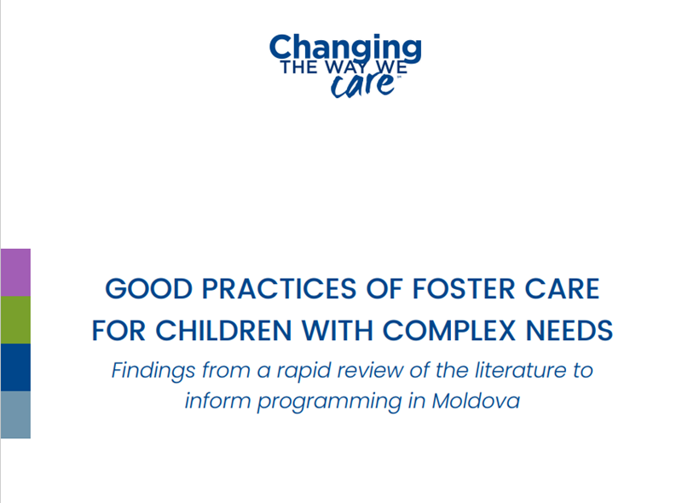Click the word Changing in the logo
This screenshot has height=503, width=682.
click(345, 49)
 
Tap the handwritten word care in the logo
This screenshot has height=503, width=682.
click(363, 85)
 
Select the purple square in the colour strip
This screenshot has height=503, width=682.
click(15, 272)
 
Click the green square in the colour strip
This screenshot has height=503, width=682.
click(15, 320)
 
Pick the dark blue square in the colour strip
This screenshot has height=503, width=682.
click(15, 367)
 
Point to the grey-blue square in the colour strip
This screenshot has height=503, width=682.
click(15, 414)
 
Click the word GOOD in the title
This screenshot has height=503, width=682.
click(148, 289)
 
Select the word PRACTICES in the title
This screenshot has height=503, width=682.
click(280, 289)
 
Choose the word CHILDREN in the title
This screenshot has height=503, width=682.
click(223, 331)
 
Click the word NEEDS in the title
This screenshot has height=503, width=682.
click(569, 331)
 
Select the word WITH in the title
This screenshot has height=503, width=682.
click(337, 331)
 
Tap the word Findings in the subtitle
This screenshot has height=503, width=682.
click(153, 371)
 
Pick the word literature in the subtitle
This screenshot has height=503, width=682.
click(521, 370)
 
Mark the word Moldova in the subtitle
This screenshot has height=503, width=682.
click(476, 401)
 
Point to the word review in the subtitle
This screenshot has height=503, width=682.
click(370, 371)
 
